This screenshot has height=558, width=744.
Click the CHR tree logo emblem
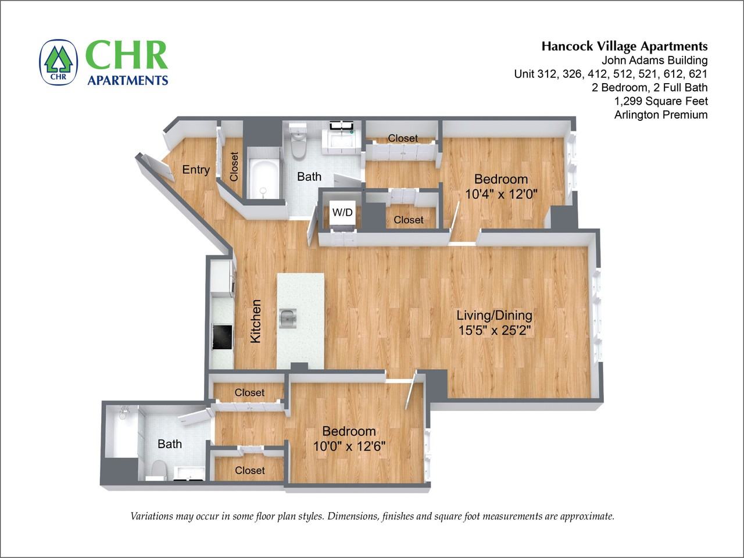tap(58, 63)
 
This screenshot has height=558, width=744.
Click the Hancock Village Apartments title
tap(624, 46)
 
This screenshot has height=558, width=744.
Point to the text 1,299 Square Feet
tap(661, 101)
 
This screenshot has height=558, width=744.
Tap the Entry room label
tap(196, 170)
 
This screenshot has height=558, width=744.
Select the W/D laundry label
tap(342, 213)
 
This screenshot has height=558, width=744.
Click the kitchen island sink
tap(288, 318)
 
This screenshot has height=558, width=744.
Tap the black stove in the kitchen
tap(222, 337)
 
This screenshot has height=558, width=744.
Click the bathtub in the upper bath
tap(263, 173)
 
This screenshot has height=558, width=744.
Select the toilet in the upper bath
tap(298, 142)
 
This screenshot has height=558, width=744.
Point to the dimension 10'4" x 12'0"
tap(500, 194)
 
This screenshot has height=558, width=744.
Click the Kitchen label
tap(256, 321)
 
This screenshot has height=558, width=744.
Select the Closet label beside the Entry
tap(234, 166)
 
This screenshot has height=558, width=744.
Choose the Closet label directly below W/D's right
tap(408, 220)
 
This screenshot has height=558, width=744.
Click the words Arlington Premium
tap(661, 115)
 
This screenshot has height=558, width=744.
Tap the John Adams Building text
tap(654, 60)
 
